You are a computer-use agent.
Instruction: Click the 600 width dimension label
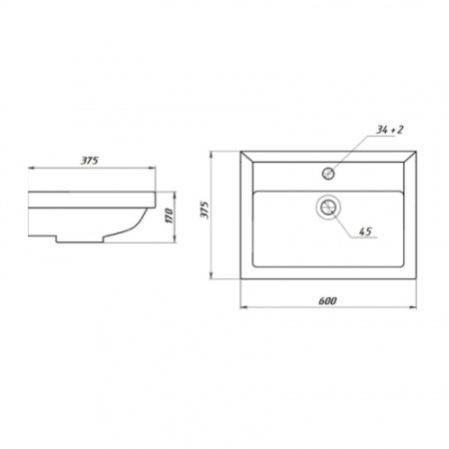(x=327, y=300)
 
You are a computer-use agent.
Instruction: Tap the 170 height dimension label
(x=169, y=216)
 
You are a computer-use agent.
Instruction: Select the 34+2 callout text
(x=389, y=130)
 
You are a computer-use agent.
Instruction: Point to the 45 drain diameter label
(x=365, y=231)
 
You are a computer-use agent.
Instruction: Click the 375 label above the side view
(x=90, y=161)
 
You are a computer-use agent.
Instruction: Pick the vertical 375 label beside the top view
(x=205, y=210)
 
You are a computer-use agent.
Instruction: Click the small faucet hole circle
(x=328, y=174)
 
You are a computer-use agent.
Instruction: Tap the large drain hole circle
(x=328, y=207)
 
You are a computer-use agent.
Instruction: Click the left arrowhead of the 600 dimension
(x=243, y=307)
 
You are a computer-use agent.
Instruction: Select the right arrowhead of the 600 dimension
(x=413, y=307)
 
